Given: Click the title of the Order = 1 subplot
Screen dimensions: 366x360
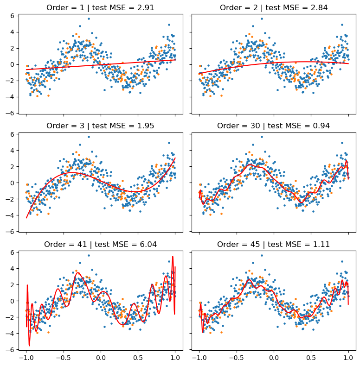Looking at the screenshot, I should click(x=100, y=7).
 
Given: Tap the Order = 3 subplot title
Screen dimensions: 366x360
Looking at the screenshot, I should click(x=100, y=126).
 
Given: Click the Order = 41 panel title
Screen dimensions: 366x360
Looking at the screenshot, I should click(x=100, y=244).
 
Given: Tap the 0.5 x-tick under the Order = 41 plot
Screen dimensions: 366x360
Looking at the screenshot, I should click(x=138, y=358).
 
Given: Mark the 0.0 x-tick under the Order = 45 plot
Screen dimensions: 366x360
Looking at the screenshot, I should click(x=274, y=358).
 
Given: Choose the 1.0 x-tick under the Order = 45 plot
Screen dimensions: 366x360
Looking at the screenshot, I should click(x=348, y=358).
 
